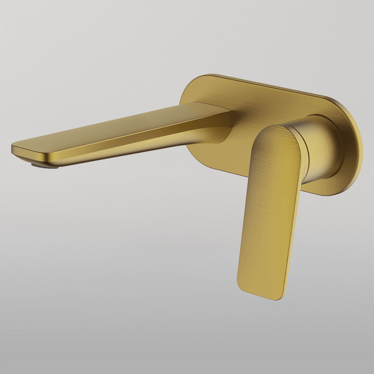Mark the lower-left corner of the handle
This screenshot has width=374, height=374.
241,284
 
